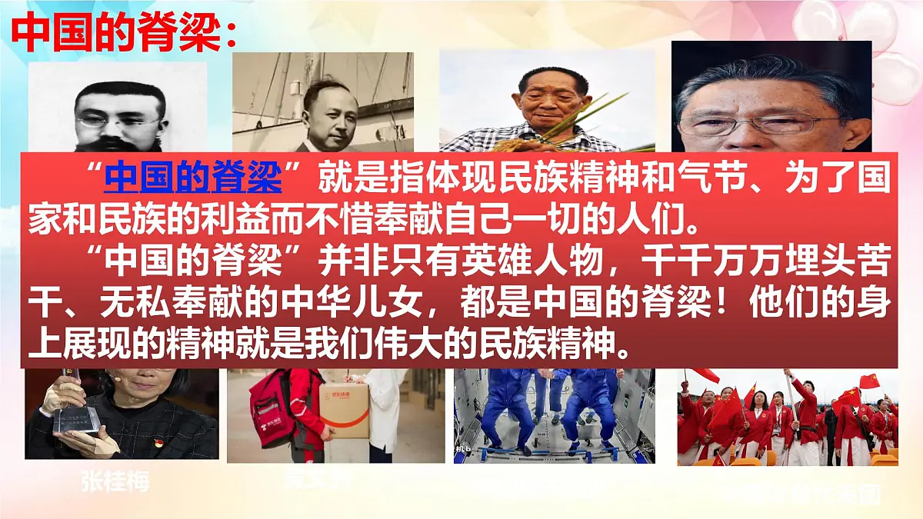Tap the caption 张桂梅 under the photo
coord(115,482)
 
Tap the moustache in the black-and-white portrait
coord(119,142)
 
